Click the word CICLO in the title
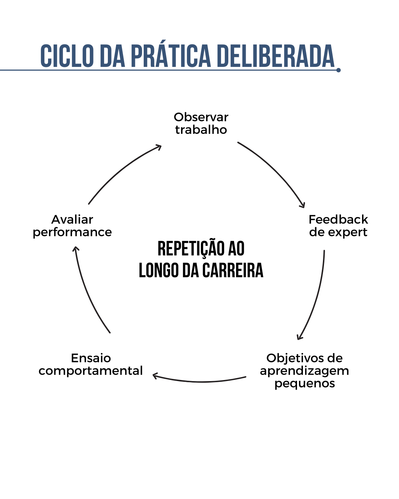click(67, 56)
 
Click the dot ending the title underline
click(338, 70)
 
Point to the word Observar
click(201, 117)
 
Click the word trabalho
click(201, 130)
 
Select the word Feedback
click(338, 220)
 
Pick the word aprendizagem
click(304, 371)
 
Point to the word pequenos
click(305, 384)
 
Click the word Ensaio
click(91, 358)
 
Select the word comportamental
click(91, 371)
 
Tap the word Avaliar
click(72, 220)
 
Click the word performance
click(72, 232)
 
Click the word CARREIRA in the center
click(233, 270)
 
